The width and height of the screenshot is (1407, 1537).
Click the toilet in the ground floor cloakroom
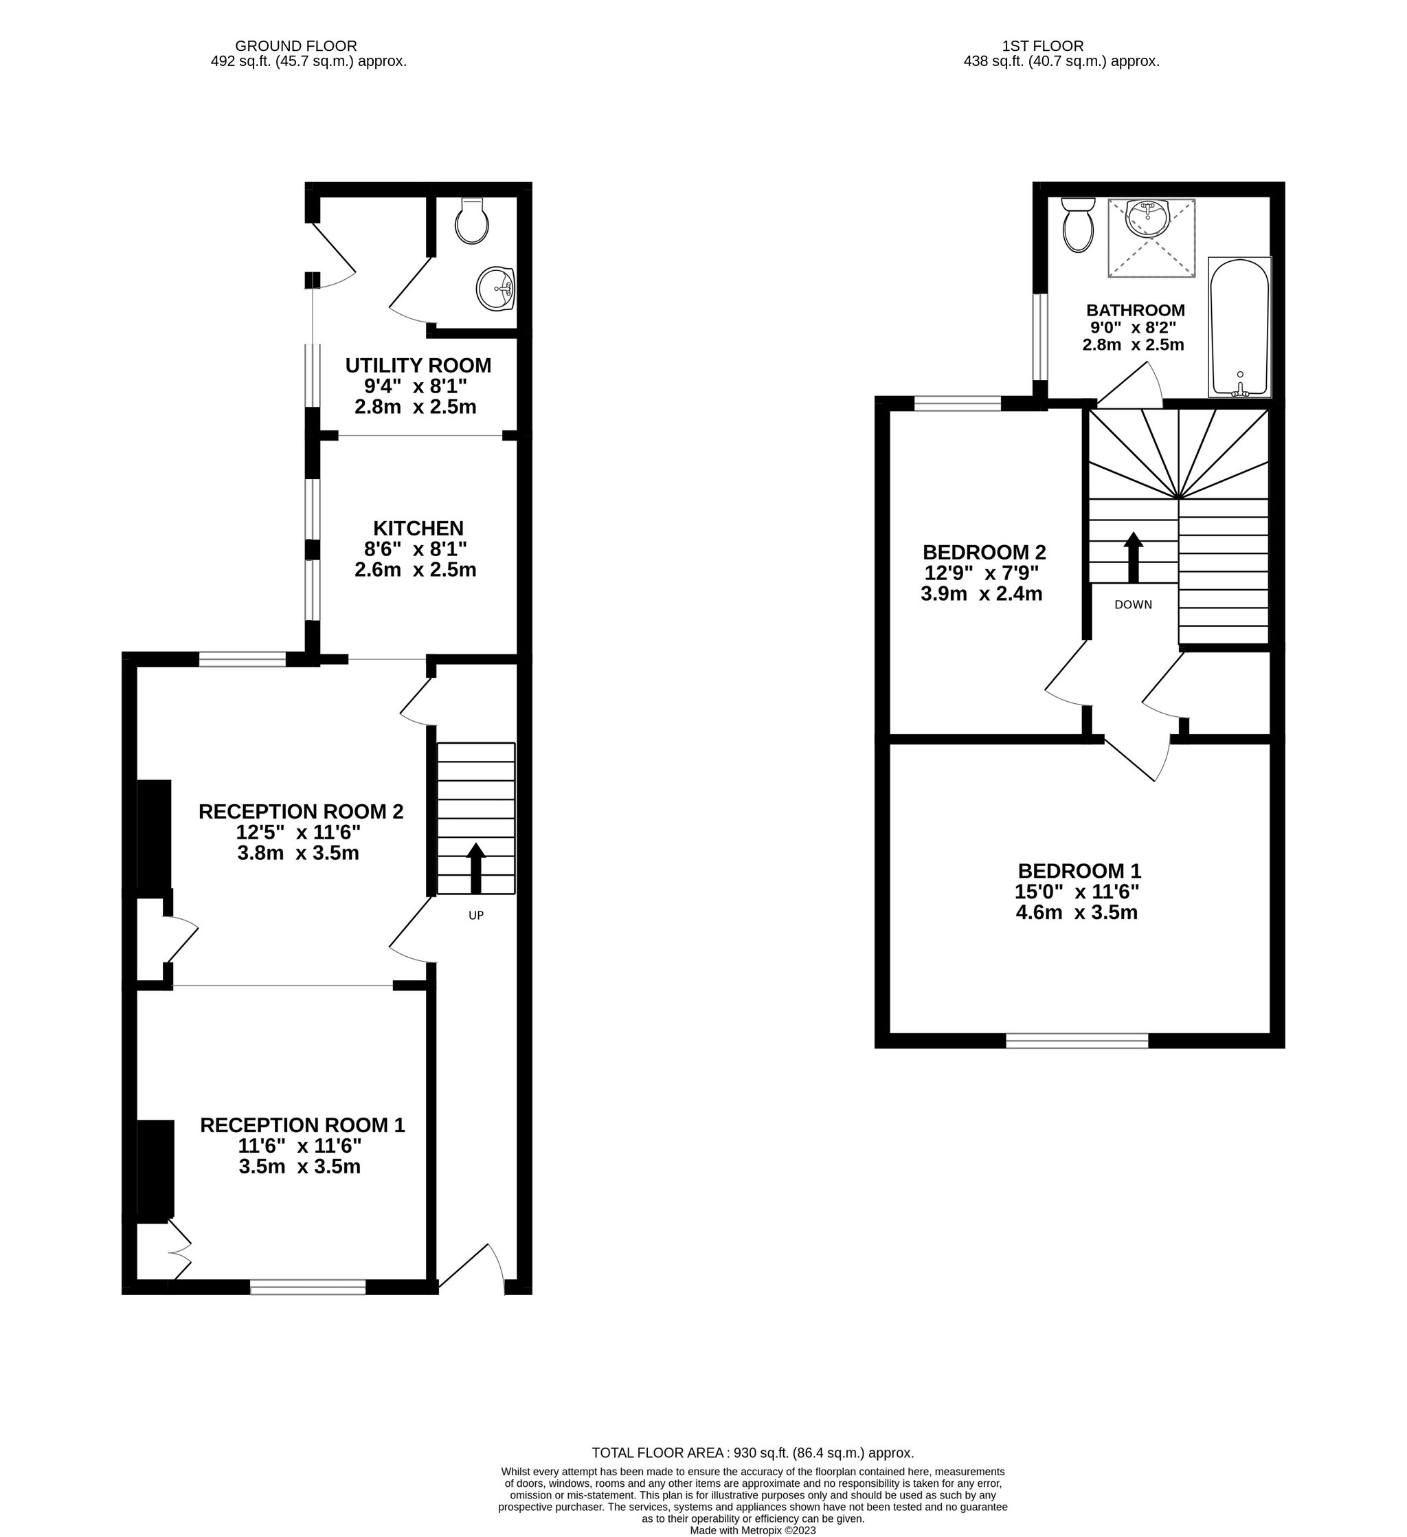(x=472, y=221)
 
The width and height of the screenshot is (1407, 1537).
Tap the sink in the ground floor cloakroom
(x=496, y=289)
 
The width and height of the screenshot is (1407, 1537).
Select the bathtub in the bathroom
(x=1239, y=327)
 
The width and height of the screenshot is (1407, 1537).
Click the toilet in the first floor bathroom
(x=1079, y=224)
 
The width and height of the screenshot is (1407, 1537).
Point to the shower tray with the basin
(x=1151, y=238)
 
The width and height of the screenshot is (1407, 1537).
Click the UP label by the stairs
(x=475, y=915)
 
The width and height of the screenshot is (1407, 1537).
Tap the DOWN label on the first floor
(x=1134, y=605)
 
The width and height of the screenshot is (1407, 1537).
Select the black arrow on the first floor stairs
(x=1134, y=557)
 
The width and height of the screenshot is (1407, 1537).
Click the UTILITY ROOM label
(x=418, y=365)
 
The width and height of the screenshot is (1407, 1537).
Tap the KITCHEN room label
(x=418, y=528)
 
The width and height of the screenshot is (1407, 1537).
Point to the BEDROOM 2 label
(x=984, y=551)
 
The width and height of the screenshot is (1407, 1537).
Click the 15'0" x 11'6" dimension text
(x=1077, y=892)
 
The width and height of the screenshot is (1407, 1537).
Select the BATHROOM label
(x=1135, y=310)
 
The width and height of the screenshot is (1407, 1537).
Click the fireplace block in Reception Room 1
(x=155, y=1168)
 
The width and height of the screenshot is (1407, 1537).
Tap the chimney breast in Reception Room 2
(x=153, y=834)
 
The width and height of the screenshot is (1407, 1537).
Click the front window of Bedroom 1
(x=1077, y=1040)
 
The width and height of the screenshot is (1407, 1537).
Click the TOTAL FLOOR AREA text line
(x=753, y=1453)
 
